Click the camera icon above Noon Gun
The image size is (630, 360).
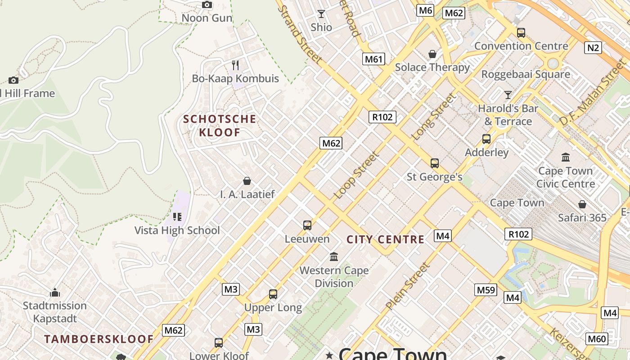pos(207,5)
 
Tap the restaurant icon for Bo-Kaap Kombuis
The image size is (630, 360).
pos(235,65)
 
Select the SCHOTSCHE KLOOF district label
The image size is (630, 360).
pos(220,126)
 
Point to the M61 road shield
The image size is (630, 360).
pos(374,59)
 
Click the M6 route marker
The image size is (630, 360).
pos(425,10)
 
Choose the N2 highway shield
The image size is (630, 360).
pos(593,47)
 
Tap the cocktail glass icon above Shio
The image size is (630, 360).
pos(321,14)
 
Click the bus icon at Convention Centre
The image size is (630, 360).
pos(521,32)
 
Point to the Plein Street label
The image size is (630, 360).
pos(408,286)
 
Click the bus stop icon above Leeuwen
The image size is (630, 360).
pos(307,225)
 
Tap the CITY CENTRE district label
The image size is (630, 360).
pos(385,239)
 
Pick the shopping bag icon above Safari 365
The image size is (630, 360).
pos(582,204)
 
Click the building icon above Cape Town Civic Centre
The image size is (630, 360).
pos(566,157)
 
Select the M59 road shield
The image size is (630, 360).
pos(486,290)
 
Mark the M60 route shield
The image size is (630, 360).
pos(597,339)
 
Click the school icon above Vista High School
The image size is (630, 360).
pos(177,217)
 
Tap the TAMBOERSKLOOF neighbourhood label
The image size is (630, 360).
pos(99,339)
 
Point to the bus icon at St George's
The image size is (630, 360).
pos(434,163)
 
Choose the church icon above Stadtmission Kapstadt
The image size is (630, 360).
pos(55,292)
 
